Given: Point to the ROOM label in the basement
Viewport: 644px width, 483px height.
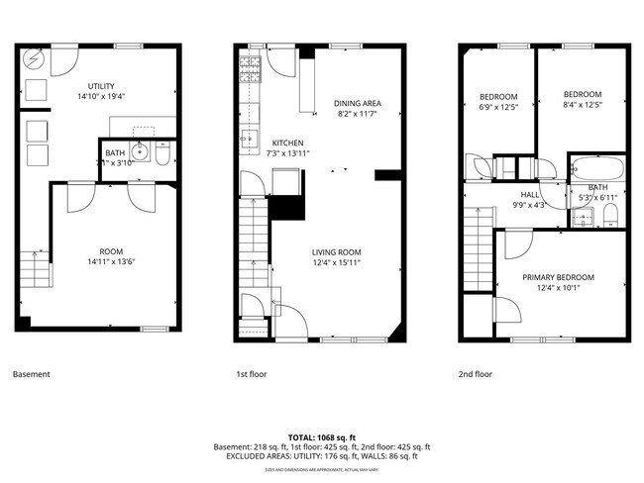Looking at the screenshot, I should [x=111, y=251].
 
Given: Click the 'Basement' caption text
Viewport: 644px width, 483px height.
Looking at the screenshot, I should [x=31, y=374].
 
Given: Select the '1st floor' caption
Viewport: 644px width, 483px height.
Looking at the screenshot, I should [x=253, y=374].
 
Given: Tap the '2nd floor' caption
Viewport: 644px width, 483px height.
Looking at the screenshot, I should [x=476, y=374].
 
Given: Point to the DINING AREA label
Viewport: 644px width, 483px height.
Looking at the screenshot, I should [x=357, y=103].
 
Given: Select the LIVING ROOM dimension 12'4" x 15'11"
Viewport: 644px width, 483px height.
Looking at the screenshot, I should [x=336, y=263].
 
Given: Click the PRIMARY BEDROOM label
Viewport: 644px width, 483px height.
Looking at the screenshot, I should [x=558, y=277].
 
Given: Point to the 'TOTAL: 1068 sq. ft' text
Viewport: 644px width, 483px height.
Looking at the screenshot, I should [x=322, y=436].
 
